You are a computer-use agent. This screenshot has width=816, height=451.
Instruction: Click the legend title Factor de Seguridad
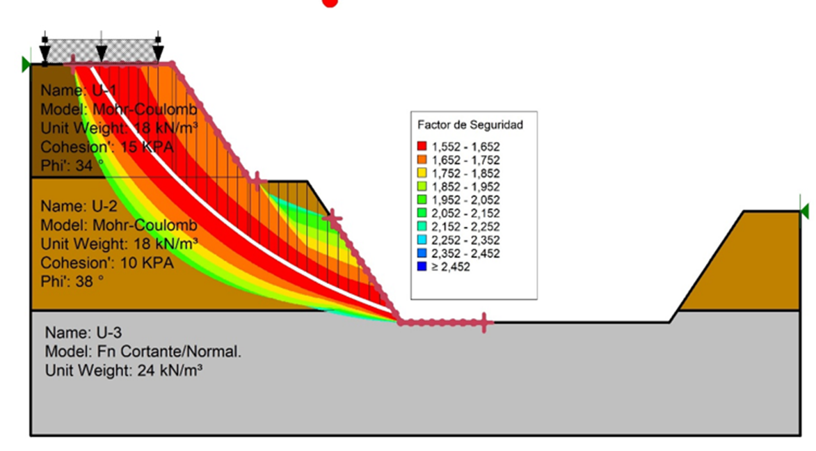pyautogui.click(x=470, y=125)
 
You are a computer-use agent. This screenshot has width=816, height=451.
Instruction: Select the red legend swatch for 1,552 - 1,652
pyautogui.click(x=422, y=147)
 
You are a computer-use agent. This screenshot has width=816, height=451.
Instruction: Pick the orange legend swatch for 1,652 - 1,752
pyautogui.click(x=422, y=160)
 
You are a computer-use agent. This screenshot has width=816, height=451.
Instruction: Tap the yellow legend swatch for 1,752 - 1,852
pyautogui.click(x=422, y=173)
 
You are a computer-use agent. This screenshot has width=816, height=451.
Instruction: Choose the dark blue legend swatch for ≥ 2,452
pyautogui.click(x=422, y=267)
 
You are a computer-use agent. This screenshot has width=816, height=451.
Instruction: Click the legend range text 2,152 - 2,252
pyautogui.click(x=465, y=227)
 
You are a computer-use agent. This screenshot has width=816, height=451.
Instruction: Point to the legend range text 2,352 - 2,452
pyautogui.click(x=465, y=253)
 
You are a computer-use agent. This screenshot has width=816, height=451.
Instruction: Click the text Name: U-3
pyautogui.click(x=83, y=333)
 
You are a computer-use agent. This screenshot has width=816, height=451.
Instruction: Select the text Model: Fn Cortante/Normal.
pyautogui.click(x=143, y=352)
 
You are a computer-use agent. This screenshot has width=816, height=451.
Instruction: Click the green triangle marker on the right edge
pyautogui.click(x=805, y=212)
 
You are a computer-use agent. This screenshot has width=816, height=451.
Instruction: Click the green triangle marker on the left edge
pyautogui.click(x=26, y=65)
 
